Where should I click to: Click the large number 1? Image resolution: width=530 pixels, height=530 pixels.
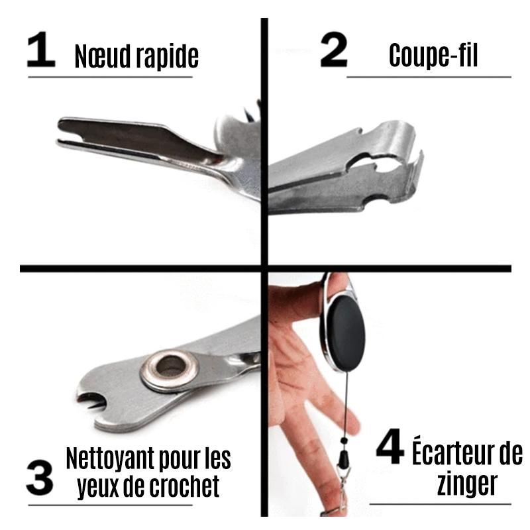tap(41, 49)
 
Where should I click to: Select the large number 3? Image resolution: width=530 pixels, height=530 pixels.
tap(40, 477)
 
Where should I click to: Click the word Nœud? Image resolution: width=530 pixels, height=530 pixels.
tap(103, 56)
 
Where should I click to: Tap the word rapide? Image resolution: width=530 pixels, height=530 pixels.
tap(167, 57)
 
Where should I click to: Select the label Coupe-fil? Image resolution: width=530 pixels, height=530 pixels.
tap(433, 55)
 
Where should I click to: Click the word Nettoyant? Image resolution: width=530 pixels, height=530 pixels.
tap(111, 458)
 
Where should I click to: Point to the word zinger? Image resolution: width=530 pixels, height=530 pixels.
tap(467, 485)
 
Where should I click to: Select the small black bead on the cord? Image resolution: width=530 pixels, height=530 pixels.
tap(344, 441)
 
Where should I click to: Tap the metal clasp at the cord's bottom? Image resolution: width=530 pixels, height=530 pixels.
tap(342, 490)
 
